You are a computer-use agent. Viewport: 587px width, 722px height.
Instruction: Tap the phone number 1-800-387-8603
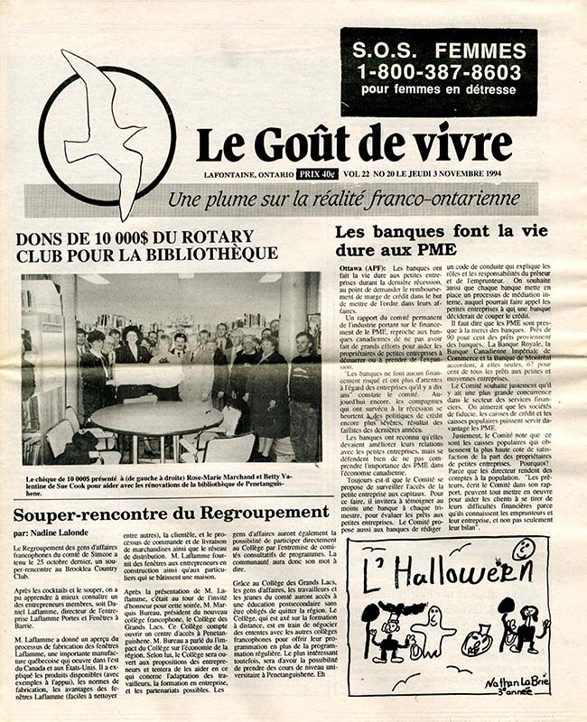[x=439, y=69]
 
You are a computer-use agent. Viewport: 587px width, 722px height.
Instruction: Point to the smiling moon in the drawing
[x=523, y=549]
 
